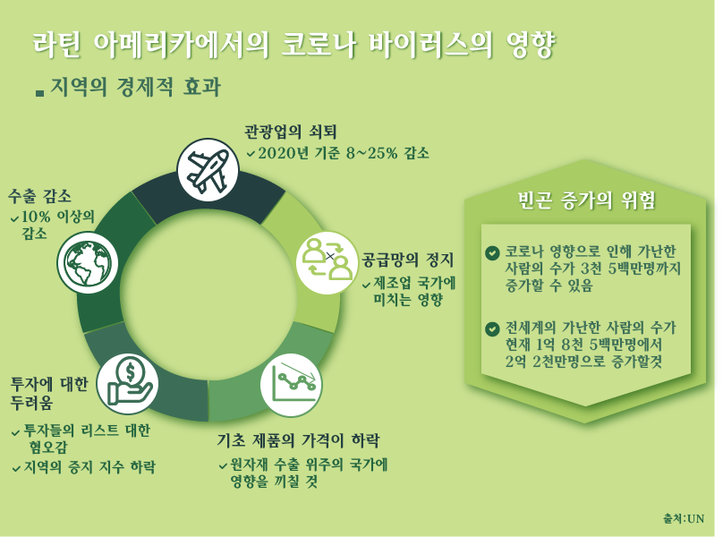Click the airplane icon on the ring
[208, 170]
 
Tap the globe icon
[87, 263]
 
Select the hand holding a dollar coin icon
[128, 384]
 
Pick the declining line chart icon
[292, 384]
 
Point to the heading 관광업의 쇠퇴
[291, 132]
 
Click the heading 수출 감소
[39, 196]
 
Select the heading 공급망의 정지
[408, 260]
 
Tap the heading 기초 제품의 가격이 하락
[298, 440]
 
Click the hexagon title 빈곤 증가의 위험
[586, 200]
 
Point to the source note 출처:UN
[684, 518]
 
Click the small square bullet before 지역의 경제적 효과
[39, 93]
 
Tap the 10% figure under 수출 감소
[36, 216]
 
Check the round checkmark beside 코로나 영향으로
[492, 252]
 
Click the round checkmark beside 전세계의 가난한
[492, 329]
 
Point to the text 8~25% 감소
[387, 153]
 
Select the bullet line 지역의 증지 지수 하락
[89, 467]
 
